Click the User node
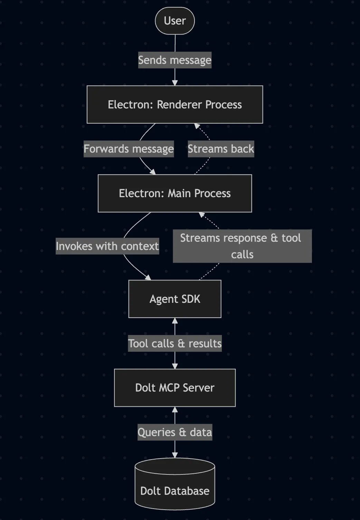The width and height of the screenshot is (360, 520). (175, 21)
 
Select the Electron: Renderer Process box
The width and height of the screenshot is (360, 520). (175, 105)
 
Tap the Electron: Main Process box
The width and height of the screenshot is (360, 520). (175, 193)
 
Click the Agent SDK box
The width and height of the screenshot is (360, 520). (175, 299)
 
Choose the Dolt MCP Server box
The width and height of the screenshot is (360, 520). (175, 388)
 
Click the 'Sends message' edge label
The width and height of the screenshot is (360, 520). (175, 60)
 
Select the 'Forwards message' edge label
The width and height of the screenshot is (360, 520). (129, 149)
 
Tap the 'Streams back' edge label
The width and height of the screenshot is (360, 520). (221, 149)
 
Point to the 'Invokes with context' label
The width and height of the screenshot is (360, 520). (107, 246)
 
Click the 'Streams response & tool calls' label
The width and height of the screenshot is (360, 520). (242, 246)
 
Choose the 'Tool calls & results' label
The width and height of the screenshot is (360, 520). (175, 344)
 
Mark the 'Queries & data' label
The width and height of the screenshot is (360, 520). (175, 432)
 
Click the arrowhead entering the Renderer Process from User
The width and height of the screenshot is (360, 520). (175, 83)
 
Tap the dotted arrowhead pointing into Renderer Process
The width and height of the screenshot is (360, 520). (197, 126)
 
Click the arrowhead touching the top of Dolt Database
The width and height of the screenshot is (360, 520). (175, 455)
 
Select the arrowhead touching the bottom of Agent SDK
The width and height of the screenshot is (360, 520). (175, 321)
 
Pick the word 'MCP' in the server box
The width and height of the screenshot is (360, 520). (169, 388)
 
